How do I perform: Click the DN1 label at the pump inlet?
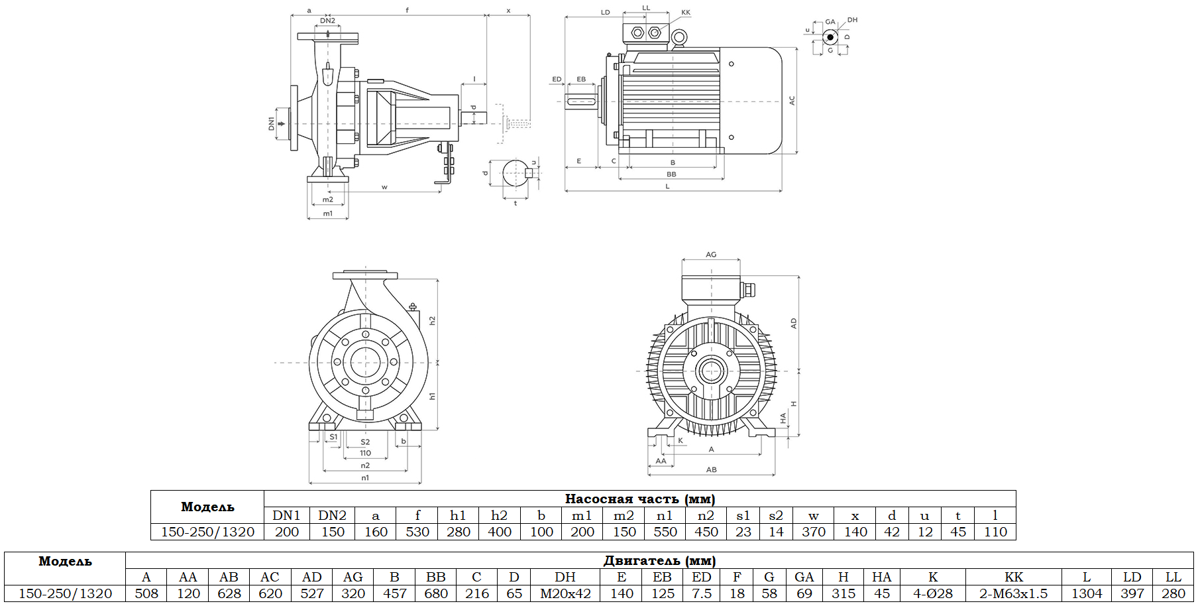click(271, 123)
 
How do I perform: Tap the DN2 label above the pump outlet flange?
click(327, 21)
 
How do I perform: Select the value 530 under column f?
click(417, 532)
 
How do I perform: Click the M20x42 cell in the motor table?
click(565, 593)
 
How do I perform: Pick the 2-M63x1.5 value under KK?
click(1013, 593)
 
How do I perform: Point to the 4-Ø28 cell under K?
click(932, 593)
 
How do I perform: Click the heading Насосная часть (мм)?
click(639, 499)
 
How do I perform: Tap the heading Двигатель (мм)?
click(659, 560)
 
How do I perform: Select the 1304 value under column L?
click(1087, 593)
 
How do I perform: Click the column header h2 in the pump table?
click(499, 515)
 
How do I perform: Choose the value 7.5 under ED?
click(702, 593)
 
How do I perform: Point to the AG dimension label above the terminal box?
click(711, 255)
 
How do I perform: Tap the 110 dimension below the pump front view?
click(365, 454)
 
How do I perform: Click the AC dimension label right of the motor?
click(792, 101)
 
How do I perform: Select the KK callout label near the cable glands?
click(686, 13)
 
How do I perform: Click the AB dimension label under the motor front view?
click(711, 469)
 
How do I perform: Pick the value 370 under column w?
click(813, 532)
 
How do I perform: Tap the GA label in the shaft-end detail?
click(830, 22)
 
